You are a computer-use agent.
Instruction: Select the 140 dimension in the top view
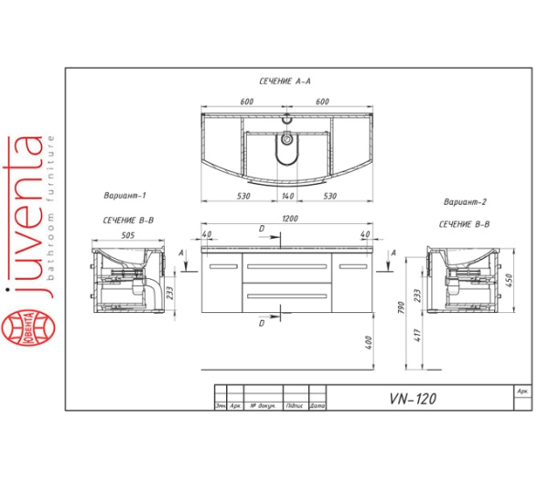point(287,197)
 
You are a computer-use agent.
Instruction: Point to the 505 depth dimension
point(127,234)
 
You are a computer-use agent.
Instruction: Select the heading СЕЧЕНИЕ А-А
point(286,81)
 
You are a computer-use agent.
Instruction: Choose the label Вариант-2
point(463,201)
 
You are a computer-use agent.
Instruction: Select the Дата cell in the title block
point(318,404)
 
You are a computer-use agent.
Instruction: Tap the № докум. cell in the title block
point(264,404)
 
